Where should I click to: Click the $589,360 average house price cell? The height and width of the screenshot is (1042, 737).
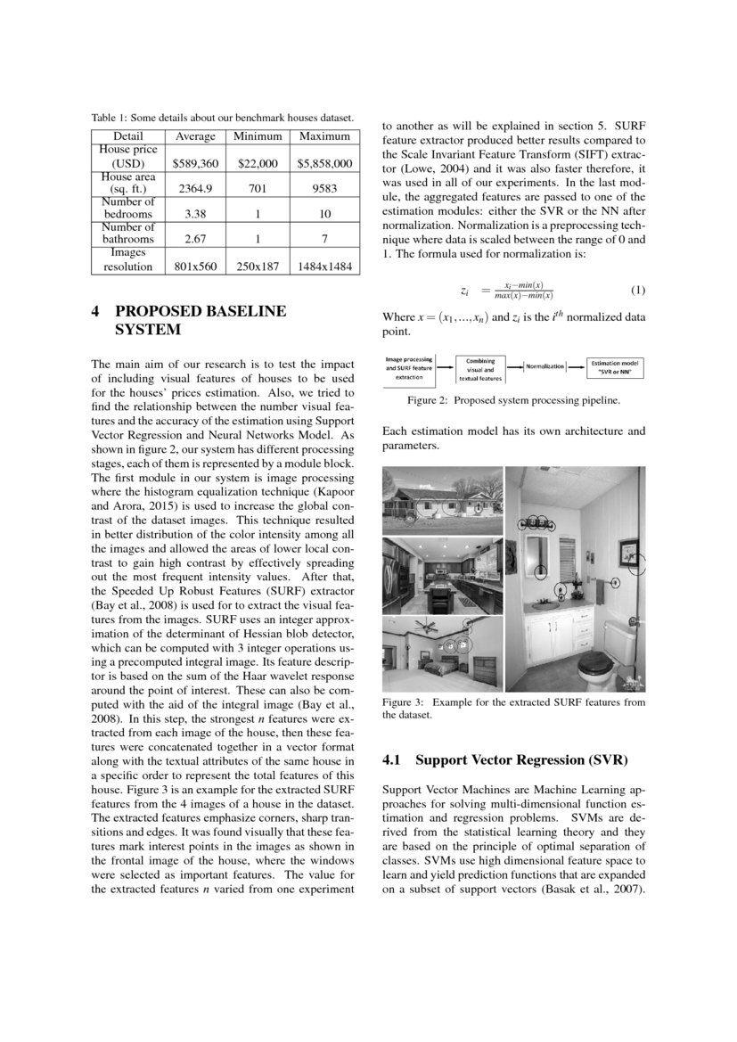[195, 164]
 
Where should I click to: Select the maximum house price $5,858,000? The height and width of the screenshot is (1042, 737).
[324, 164]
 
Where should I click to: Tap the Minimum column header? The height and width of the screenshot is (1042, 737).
[258, 136]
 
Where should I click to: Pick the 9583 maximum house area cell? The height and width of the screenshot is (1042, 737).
[324, 189]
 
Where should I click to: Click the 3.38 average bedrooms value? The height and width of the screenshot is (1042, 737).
[195, 215]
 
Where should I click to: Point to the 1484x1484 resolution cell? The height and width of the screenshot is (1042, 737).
[324, 267]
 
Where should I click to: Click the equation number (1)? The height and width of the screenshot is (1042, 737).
[637, 291]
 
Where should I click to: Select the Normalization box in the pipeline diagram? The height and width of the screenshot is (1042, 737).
[545, 366]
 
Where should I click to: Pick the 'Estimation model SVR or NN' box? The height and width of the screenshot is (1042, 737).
[617, 366]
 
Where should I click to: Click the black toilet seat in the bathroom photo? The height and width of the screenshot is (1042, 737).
[594, 663]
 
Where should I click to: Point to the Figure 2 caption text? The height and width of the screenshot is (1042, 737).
[513, 401]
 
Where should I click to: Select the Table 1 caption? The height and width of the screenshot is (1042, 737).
[223, 118]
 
